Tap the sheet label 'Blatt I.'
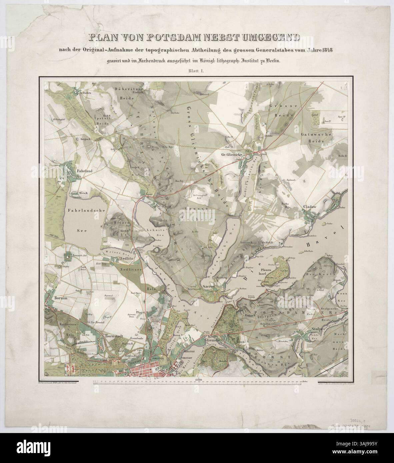point(197,71)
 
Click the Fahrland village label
point(84,170)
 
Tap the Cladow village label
point(310,207)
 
